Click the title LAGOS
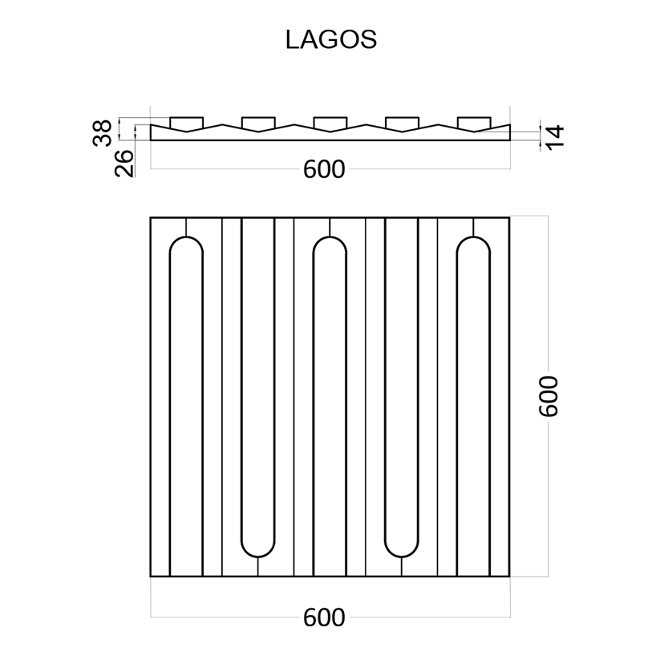click(x=330, y=40)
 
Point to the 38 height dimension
click(x=102, y=132)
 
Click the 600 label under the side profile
click(x=324, y=170)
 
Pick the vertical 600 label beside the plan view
click(x=549, y=395)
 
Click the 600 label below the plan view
click(x=324, y=618)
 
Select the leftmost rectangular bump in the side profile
click(x=186, y=123)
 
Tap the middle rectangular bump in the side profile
click(x=330, y=123)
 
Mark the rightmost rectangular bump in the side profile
click(x=474, y=123)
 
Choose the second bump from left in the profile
click(x=258, y=123)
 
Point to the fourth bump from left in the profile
click(x=402, y=123)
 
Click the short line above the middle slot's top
click(x=330, y=227)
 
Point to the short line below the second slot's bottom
click(x=258, y=566)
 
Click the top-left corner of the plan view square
click(x=151, y=217)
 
